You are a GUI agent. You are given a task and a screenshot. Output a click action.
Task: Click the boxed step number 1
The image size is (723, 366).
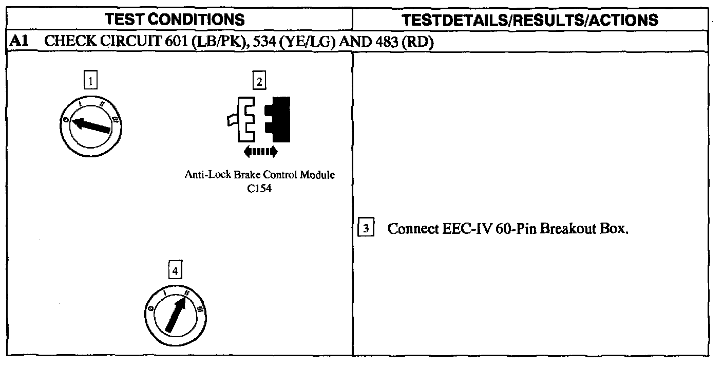coord(90,81)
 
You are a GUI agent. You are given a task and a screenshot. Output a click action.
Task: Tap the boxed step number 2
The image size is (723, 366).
coord(259,81)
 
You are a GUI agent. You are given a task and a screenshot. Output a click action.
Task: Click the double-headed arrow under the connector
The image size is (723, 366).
coord(260,151)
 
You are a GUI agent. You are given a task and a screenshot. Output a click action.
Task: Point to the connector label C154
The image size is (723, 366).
coord(259,189)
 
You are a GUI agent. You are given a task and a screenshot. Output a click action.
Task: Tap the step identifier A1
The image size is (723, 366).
coord(19,42)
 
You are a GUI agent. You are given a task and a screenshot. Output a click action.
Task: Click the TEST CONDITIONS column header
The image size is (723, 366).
coord(175,20)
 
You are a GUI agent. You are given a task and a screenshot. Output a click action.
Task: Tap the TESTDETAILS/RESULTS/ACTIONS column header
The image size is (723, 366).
coord(530,20)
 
